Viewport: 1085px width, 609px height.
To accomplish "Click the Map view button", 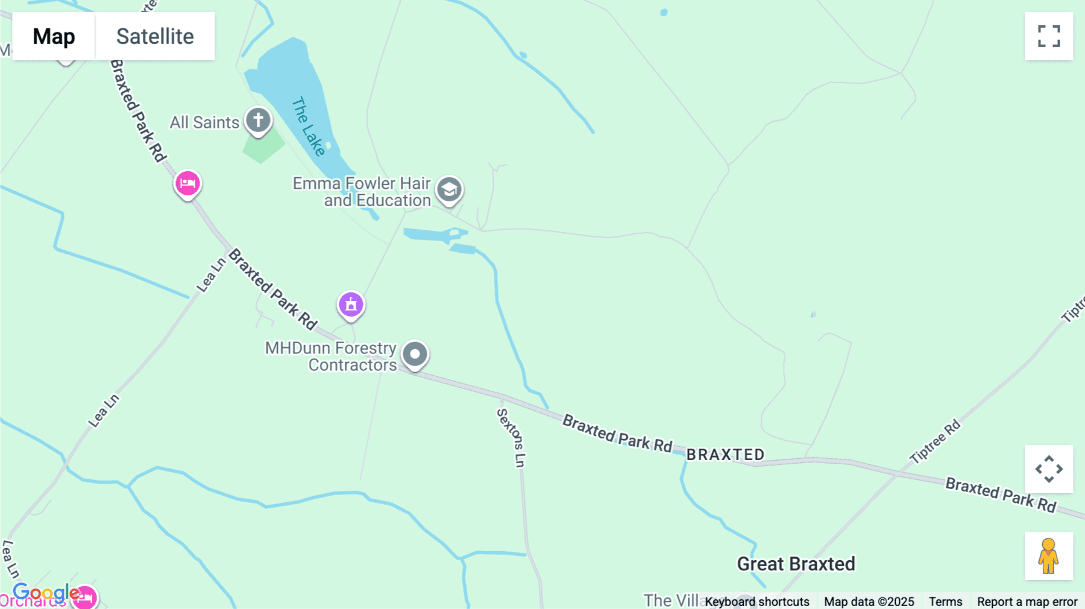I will point(54,36).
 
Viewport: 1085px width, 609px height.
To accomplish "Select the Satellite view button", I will point(155,36).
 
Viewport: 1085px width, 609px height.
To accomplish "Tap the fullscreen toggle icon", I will point(1049,36).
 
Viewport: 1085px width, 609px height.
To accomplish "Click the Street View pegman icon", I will point(1049,556).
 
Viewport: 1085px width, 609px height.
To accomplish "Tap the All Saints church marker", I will point(258,120).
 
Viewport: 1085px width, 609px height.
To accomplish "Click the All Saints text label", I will point(204,122).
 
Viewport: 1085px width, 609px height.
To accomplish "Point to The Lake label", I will point(309,126).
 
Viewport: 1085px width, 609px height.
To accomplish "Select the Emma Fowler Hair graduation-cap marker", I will point(449,189).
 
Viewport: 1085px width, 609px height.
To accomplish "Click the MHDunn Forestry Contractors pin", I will point(415,354).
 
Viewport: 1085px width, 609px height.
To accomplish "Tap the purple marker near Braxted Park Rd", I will point(351,304).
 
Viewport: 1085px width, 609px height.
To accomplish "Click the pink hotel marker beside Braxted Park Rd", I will point(187,183).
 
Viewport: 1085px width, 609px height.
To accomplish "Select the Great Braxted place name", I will point(796,564).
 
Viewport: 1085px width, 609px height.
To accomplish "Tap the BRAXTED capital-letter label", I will point(725,455).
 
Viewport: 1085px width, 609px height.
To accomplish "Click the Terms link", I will point(945,601).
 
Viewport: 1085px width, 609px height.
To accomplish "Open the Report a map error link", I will point(1027,601).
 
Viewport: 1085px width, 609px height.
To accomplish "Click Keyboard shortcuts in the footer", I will point(757,601).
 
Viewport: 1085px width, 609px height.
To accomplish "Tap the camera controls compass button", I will point(1049,469).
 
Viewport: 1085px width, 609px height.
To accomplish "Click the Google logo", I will point(45,593).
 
